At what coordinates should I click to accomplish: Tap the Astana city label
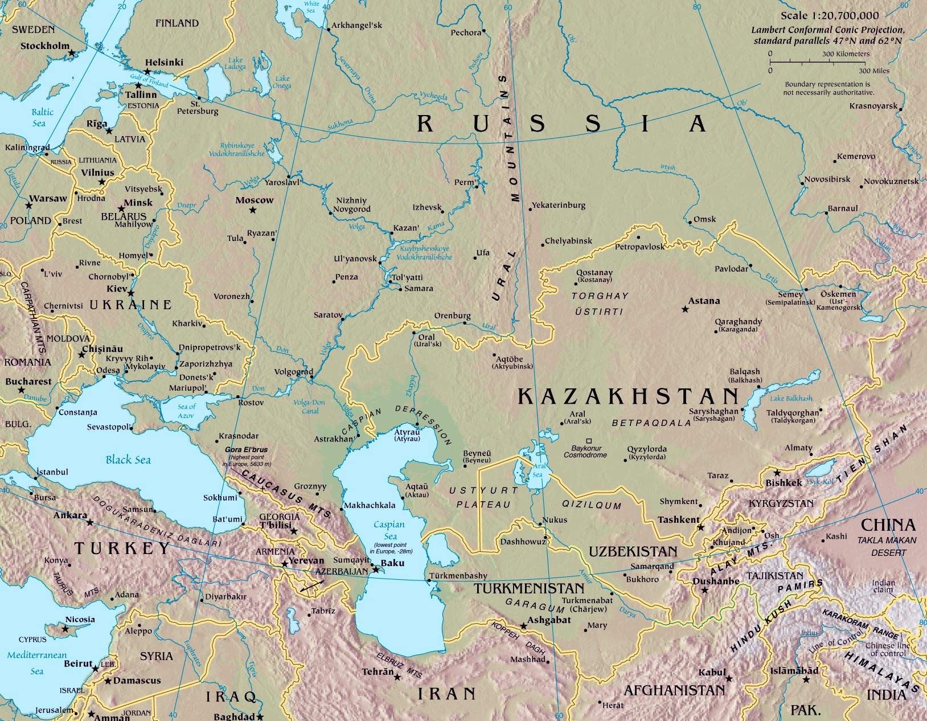click(704, 301)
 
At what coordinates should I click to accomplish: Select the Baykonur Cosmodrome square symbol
click(589, 441)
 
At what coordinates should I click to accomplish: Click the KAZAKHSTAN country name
click(629, 396)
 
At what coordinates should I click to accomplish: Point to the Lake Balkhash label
click(791, 398)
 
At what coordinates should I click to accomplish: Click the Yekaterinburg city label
click(558, 205)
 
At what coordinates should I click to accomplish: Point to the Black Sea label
click(128, 460)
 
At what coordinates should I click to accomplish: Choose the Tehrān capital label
click(378, 672)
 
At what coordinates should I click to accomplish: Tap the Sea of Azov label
click(186, 411)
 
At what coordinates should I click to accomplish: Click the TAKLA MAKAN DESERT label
click(887, 546)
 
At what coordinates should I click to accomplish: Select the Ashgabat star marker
click(524, 625)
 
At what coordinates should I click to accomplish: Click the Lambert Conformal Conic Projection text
click(827, 30)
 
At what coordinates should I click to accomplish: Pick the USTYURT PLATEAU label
click(483, 497)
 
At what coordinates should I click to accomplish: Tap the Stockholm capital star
click(72, 52)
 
